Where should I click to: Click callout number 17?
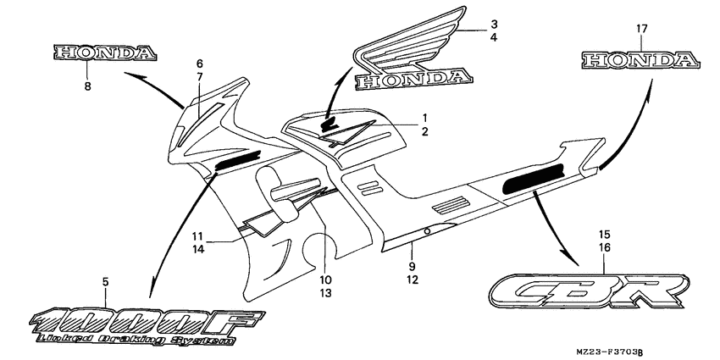point(641,29)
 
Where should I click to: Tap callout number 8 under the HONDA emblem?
point(88,86)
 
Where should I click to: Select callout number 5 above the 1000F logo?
point(106,282)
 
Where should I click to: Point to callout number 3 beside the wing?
point(494,24)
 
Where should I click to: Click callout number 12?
point(413,279)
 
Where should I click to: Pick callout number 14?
point(197,249)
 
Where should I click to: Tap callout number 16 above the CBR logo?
point(604,247)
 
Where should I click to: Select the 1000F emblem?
point(147,327)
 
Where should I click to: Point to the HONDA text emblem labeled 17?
point(641,60)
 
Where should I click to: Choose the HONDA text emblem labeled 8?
point(105,53)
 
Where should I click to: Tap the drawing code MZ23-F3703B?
point(606,352)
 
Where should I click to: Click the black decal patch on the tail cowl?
point(534,177)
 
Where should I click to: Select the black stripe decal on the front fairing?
point(237,160)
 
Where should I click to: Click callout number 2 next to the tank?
point(424,132)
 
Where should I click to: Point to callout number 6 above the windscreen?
point(199,64)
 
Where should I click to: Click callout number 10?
point(325,280)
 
